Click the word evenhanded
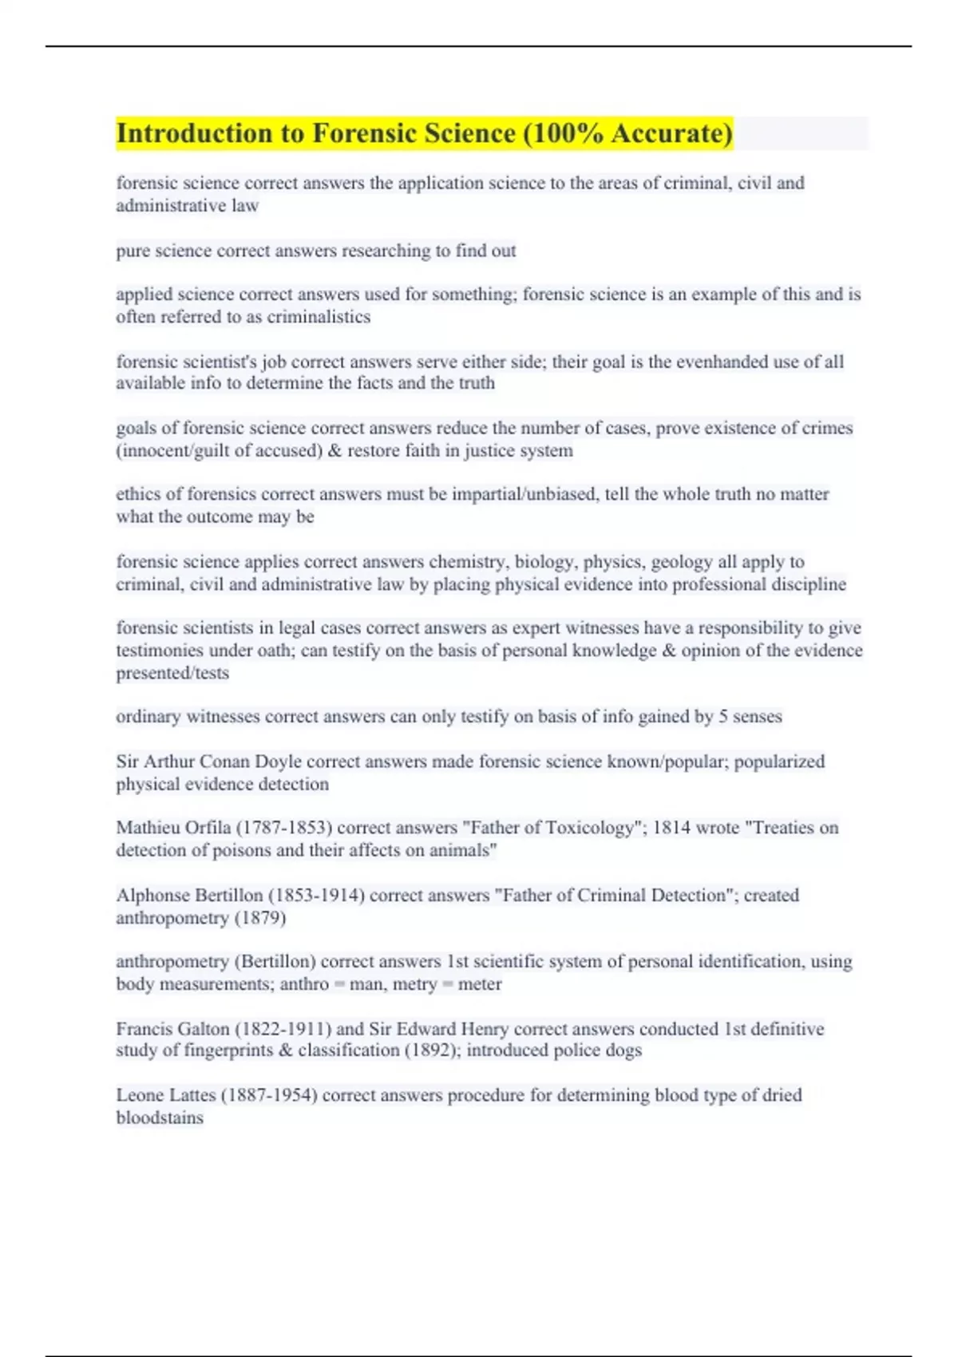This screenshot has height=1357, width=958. tap(722, 362)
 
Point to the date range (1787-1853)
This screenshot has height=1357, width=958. tap(284, 828)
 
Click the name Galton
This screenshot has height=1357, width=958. tap(204, 1029)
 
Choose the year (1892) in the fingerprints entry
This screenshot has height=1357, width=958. tap(432, 1050)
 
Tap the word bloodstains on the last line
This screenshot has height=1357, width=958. tap(160, 1118)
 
